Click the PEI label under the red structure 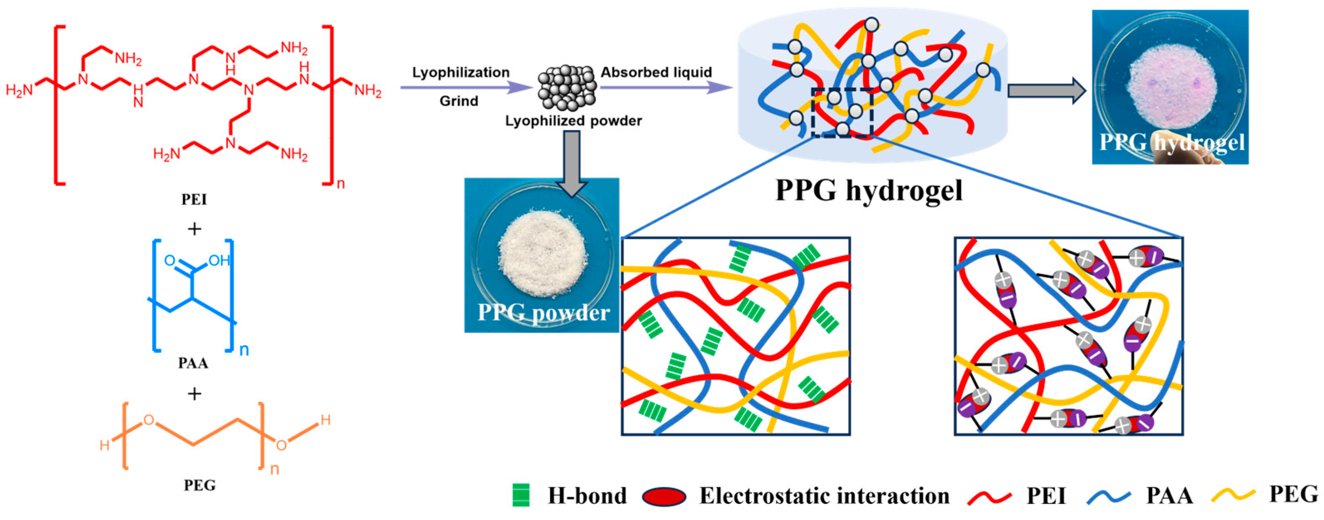click(x=194, y=199)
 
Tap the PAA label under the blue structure click(x=193, y=363)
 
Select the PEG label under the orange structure click(x=199, y=485)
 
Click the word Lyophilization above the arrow click(x=460, y=73)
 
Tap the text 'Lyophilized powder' click(x=573, y=121)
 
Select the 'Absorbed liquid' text click(x=656, y=73)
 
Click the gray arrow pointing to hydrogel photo click(x=1046, y=90)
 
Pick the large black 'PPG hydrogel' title click(x=868, y=190)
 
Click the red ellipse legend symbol click(x=663, y=496)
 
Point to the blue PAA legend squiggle click(x=1109, y=496)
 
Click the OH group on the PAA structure click(x=219, y=261)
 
